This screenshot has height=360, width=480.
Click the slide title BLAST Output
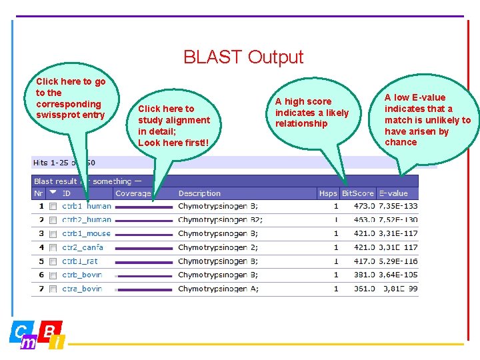click(243, 57)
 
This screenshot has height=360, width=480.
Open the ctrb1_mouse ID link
click(86, 234)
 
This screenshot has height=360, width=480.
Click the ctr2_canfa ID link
click(83, 248)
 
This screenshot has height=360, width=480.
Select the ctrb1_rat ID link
click(79, 261)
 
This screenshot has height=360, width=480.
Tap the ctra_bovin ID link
click(82, 289)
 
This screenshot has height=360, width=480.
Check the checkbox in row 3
click(53, 234)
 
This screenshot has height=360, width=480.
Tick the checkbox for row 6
click(53, 275)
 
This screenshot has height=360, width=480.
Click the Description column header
click(199, 193)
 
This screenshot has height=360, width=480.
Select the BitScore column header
click(357, 193)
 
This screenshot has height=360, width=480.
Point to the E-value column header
click(393, 193)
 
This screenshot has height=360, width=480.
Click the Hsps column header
click(328, 193)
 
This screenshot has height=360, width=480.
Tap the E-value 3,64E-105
click(398, 275)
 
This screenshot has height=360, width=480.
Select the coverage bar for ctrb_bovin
click(143, 275)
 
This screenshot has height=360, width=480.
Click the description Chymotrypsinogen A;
click(218, 289)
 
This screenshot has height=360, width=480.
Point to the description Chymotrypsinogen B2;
click(220, 220)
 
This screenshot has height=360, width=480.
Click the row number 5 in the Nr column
click(41, 261)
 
